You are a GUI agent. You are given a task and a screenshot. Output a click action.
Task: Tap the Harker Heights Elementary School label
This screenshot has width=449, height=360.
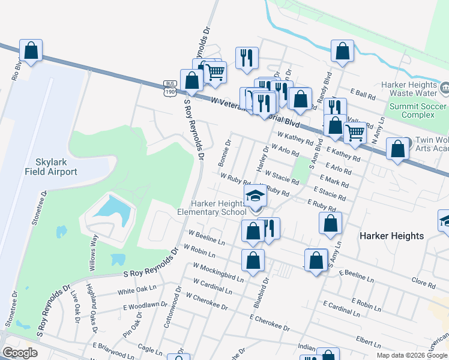coord(212,208)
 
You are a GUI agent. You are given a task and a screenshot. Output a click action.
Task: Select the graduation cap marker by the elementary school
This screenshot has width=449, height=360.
coord(255,196)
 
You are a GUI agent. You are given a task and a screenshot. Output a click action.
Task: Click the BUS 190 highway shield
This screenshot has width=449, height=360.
coord(170,88)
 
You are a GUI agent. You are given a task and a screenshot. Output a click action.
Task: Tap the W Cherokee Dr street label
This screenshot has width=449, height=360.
coord(207,302)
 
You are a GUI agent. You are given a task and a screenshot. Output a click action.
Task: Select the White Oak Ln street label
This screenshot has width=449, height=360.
coord(133,292)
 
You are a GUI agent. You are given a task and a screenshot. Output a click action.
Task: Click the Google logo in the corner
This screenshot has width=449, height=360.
coord(20,352)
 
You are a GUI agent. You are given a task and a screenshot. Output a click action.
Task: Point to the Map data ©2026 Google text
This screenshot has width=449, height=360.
coord(410,355)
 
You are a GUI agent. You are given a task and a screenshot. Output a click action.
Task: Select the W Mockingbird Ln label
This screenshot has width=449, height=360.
coord(218,272)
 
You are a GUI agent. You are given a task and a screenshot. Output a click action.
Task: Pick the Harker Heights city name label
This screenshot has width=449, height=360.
coord(392,236)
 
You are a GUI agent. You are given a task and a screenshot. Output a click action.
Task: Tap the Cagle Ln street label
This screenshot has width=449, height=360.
coord(147,348)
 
